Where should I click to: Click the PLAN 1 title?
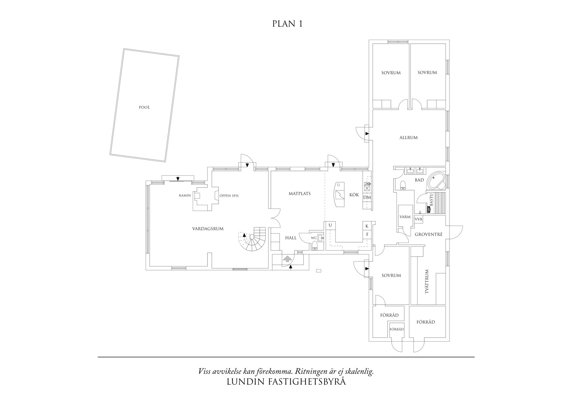tap(287, 24)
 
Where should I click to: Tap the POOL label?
tap(144, 107)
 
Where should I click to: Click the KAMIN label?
tap(185, 196)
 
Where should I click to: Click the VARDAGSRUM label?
tap(208, 229)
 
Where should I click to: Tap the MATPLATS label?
tap(299, 194)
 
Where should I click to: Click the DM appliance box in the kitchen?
tap(367, 198)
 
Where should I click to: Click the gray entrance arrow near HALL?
tap(287, 259)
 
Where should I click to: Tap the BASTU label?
tap(431, 199)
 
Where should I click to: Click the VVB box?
tap(418, 219)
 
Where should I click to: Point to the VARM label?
tap(405, 217)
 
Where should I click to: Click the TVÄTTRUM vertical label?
tap(427, 282)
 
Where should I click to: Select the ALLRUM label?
tap(408, 138)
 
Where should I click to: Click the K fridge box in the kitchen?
tap(367, 226)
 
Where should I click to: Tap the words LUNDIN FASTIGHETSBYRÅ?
tap(286, 382)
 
